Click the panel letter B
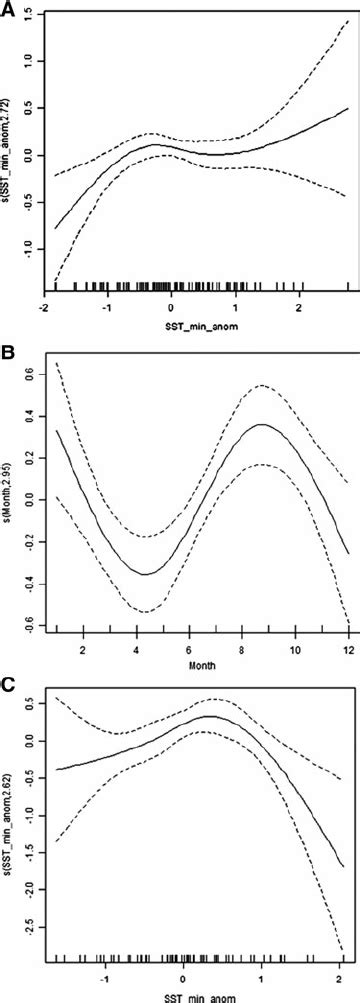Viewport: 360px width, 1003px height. [x=8, y=354]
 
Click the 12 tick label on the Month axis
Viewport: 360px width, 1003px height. [x=347, y=649]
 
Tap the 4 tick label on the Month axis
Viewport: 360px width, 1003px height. [x=141, y=649]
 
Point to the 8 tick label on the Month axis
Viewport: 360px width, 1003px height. [x=244, y=649]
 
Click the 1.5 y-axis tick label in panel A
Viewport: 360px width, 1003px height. [x=32, y=14]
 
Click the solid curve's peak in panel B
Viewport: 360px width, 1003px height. [x=263, y=424]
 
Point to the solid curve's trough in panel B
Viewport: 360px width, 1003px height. [x=146, y=574]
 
